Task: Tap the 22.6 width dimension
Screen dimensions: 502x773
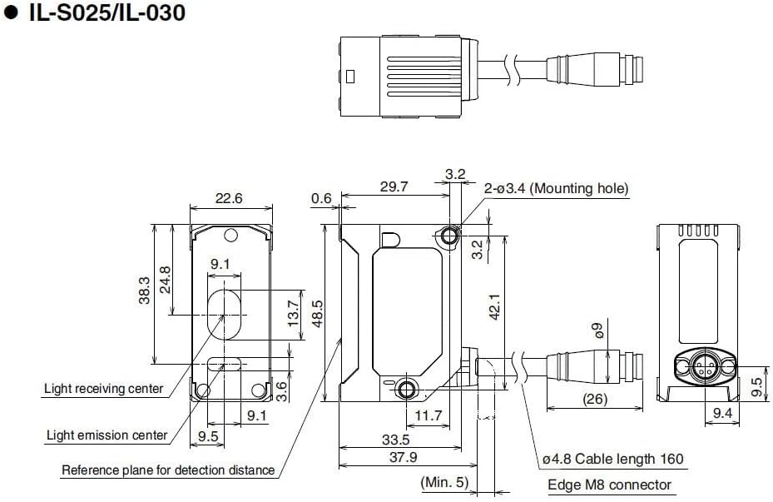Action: (x=229, y=198)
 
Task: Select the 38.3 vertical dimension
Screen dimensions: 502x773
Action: (x=145, y=291)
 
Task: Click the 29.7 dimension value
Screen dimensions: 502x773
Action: (x=394, y=187)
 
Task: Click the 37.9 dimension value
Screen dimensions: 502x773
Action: (x=402, y=457)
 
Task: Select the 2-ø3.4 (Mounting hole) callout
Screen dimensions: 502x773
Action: (x=556, y=189)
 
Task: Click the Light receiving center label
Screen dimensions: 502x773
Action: (x=103, y=389)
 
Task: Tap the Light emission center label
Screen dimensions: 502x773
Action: (x=107, y=435)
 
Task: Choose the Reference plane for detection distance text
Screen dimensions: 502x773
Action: (x=168, y=470)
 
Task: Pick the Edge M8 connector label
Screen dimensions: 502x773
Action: (x=609, y=485)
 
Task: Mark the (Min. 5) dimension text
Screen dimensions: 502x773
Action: (x=445, y=482)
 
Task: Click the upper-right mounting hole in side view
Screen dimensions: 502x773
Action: (x=449, y=236)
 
